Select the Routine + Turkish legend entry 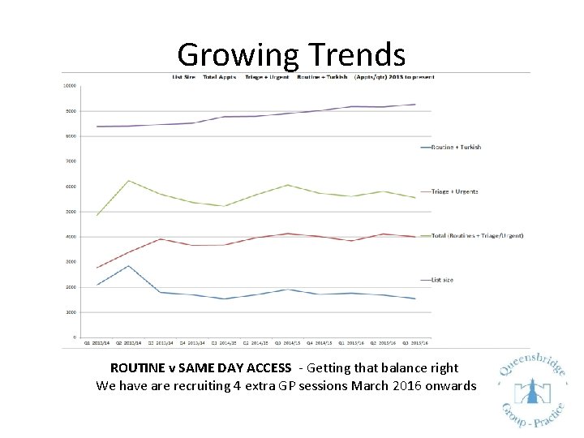[456, 147]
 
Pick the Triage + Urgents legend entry [454, 191]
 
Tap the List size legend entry [442, 280]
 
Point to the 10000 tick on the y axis [71, 85]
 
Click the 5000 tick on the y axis [71, 212]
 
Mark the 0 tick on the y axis [75, 337]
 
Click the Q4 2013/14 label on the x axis [192, 342]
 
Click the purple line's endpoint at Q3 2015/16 [414, 105]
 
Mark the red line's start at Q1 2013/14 [97, 268]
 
